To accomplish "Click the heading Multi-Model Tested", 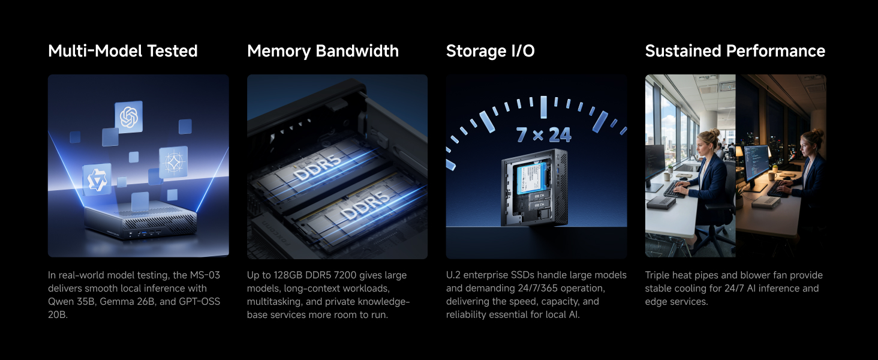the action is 123,51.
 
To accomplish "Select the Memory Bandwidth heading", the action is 323,52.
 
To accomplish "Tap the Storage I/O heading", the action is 491,51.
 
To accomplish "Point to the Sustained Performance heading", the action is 735,51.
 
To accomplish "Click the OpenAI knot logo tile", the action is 128,117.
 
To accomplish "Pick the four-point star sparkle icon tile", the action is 173,162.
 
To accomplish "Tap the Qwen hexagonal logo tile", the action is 97,179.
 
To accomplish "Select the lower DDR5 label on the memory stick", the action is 365,205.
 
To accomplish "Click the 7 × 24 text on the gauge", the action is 544,135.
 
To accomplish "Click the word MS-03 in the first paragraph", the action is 205,275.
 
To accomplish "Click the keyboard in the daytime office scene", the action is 675,190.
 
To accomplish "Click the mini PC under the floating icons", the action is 140,220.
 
